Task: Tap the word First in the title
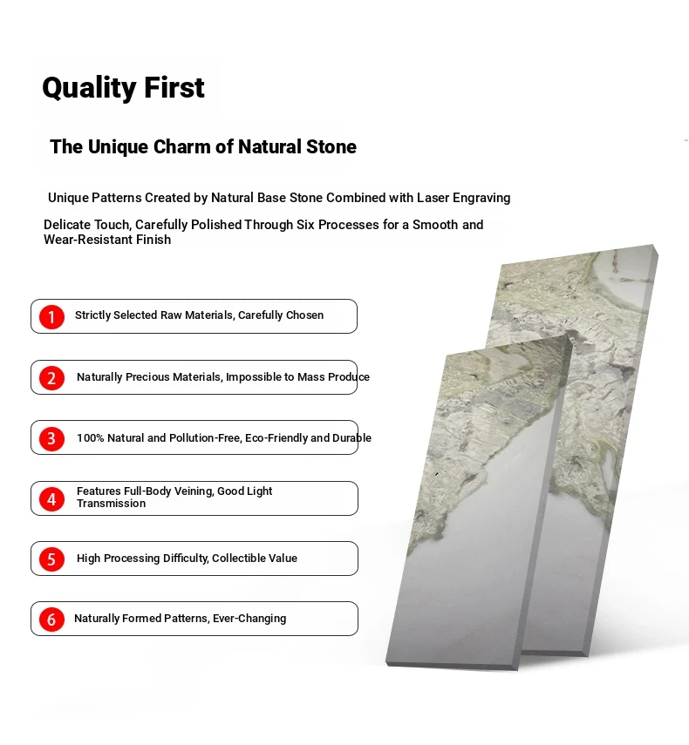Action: point(174,87)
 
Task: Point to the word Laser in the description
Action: point(433,198)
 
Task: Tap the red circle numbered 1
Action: point(51,317)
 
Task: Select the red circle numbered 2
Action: point(51,377)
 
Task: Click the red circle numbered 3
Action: point(51,438)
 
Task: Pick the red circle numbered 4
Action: point(51,499)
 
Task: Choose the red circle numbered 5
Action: point(51,559)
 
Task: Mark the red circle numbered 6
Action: point(51,620)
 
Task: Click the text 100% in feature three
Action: point(91,438)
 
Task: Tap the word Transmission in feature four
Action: point(112,504)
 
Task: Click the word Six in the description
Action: point(306,225)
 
